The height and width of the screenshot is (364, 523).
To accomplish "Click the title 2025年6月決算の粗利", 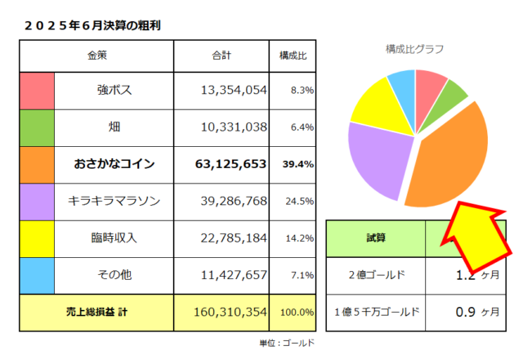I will point(92,25).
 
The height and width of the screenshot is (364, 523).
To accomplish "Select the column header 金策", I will point(96,55).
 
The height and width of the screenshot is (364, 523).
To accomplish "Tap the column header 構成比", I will point(293,55).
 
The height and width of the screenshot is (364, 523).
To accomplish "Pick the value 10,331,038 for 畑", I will point(233,127).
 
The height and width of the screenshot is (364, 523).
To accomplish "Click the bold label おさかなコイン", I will point(114,164).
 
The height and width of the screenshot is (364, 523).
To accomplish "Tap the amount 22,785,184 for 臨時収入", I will point(233,238).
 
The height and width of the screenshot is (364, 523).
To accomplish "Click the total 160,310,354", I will point(233,312).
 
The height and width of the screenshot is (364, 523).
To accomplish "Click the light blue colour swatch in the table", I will point(37,275).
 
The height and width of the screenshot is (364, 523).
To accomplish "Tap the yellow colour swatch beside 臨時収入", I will point(37,238).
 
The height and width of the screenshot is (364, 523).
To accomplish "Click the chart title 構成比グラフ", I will point(415,49).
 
